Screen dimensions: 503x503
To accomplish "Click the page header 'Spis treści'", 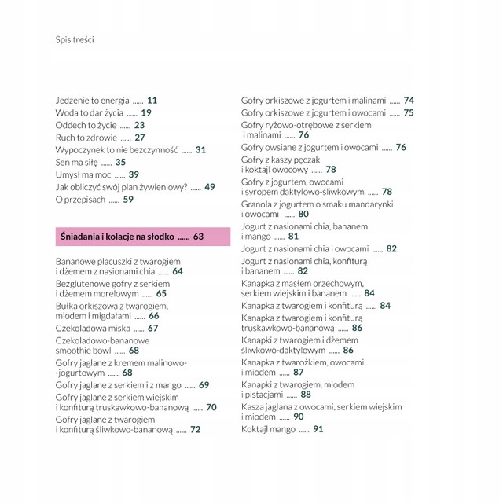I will click(x=75, y=39).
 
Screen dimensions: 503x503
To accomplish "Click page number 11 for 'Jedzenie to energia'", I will click(x=152, y=101).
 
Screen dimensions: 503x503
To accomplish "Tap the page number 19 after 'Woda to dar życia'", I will click(x=146, y=113).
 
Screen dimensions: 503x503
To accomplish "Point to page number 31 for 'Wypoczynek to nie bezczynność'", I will click(x=200, y=149).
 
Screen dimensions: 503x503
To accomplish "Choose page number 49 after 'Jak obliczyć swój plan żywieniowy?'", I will click(x=210, y=187).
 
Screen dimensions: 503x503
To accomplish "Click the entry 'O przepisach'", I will click(x=81, y=200).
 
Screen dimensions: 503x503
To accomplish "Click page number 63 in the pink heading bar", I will click(x=198, y=237).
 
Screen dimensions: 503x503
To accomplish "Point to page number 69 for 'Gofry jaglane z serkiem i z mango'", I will click(x=204, y=385).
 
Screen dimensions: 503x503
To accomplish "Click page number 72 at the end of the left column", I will click(x=196, y=430).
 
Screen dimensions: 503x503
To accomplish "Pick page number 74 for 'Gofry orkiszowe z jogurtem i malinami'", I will click(x=409, y=101).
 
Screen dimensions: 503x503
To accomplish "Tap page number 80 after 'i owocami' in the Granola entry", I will click(x=303, y=214).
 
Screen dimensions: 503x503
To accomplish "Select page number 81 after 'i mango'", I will click(x=294, y=236).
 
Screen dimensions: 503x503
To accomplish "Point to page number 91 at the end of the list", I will click(x=318, y=429).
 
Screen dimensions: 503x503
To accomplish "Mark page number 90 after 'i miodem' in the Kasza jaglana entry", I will click(x=299, y=417).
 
